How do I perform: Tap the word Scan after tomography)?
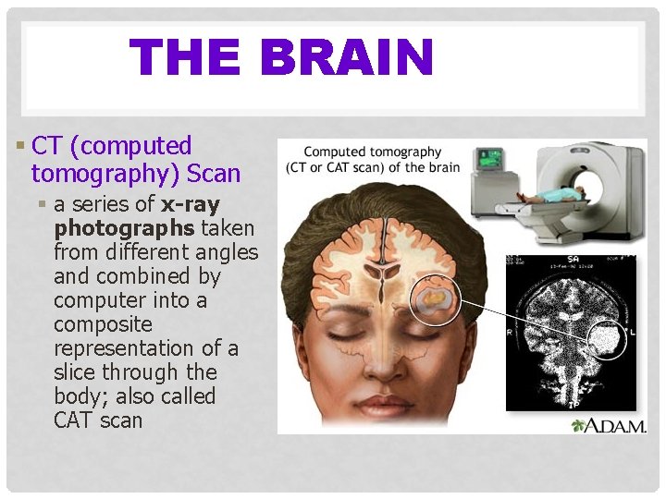coord(214,174)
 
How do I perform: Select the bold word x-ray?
coord(191,203)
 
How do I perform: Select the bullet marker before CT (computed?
coord(22,146)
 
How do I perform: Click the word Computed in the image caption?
coord(335,152)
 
